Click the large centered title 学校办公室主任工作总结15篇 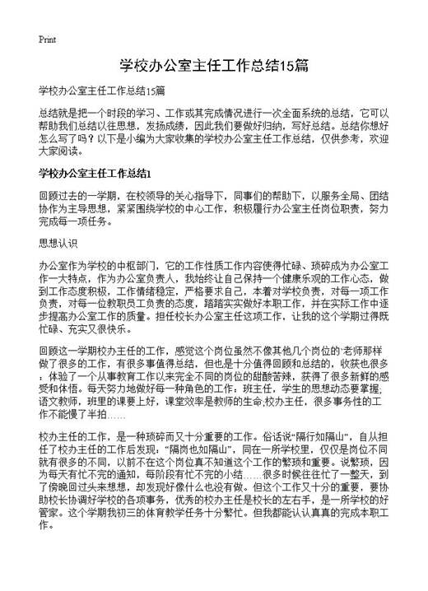point(213,65)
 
